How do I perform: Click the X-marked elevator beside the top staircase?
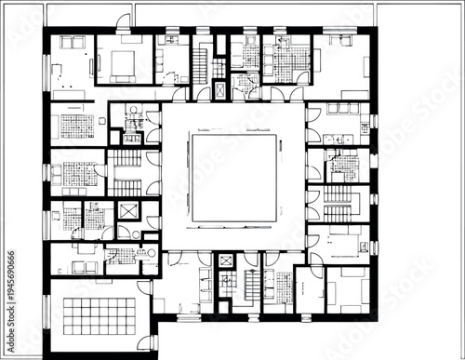(219, 89)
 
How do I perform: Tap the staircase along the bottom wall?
(251, 287)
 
